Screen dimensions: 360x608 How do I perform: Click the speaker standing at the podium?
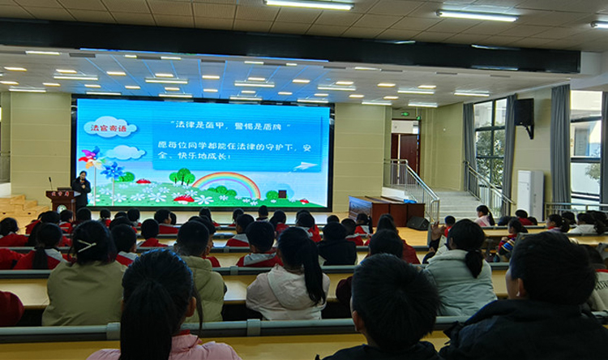click(x=81, y=188)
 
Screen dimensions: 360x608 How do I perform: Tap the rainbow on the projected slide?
click(x=227, y=182)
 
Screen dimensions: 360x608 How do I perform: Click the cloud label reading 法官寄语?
click(x=109, y=126)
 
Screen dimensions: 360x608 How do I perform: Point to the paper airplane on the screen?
click(x=305, y=166)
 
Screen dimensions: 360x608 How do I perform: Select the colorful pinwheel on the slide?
click(x=90, y=157)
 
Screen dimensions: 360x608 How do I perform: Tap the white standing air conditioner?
click(x=531, y=194)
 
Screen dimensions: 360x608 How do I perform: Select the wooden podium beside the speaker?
click(x=62, y=200)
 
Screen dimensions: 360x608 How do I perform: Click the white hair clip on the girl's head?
click(x=85, y=245)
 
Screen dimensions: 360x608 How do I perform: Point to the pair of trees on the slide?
click(x=182, y=176)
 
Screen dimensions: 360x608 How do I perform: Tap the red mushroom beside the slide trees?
click(x=183, y=197)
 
